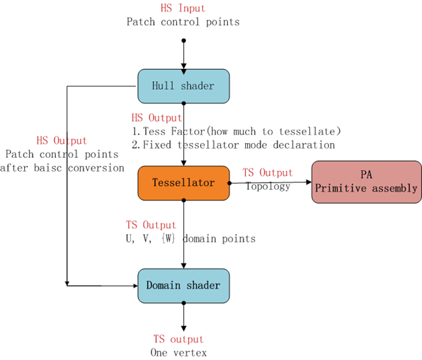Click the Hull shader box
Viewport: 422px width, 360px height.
pyautogui.click(x=183, y=86)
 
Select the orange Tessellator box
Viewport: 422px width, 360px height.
pyautogui.click(x=183, y=183)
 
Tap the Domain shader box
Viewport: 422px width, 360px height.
pyautogui.click(x=183, y=285)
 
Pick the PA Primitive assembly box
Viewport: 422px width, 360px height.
pyautogui.click(x=366, y=183)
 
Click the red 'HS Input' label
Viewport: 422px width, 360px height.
pyautogui.click(x=183, y=8)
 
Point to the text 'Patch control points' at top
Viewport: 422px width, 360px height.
pyautogui.click(x=183, y=22)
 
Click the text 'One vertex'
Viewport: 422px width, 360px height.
pyautogui.click(x=178, y=352)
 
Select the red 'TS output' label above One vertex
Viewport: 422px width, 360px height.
pyautogui.click(x=178, y=339)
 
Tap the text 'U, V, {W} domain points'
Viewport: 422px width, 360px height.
pyautogui.click(x=191, y=238)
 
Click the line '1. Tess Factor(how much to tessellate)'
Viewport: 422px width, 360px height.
pyautogui.click(x=236, y=131)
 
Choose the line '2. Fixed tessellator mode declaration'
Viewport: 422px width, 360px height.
pyautogui.click(x=233, y=144)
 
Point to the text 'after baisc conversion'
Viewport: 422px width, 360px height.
pyautogui.click(x=62, y=168)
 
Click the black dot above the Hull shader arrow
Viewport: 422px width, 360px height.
pyautogui.click(x=183, y=40)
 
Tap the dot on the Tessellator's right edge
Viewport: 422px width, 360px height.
pyautogui.click(x=230, y=183)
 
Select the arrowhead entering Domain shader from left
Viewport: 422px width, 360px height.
pyautogui.click(x=134, y=285)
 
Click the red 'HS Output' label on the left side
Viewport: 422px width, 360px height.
pyautogui.click(x=61, y=141)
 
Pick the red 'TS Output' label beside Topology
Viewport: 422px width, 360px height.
pyautogui.click(x=267, y=173)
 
